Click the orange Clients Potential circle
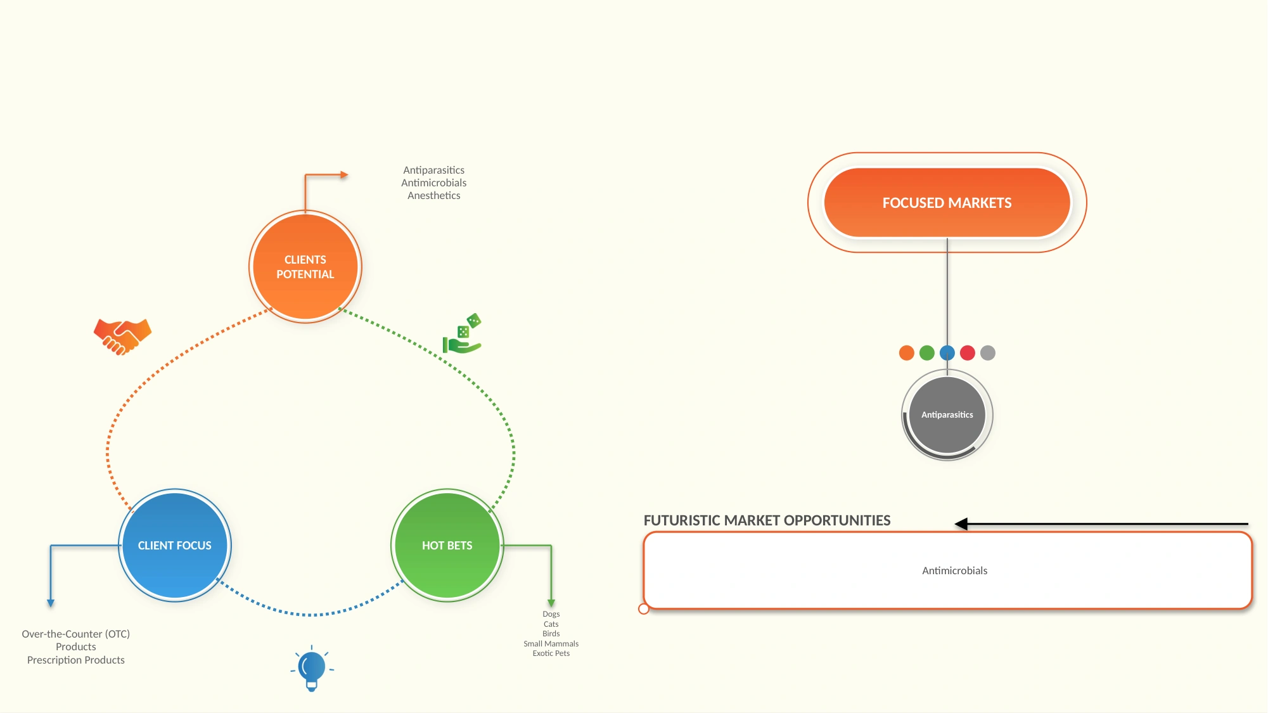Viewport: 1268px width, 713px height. tap(305, 267)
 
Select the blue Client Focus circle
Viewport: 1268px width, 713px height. tap(175, 545)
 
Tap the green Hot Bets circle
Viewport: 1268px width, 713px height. tap(447, 545)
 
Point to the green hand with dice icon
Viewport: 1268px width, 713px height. tap(462, 334)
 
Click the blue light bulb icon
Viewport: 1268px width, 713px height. tap(312, 668)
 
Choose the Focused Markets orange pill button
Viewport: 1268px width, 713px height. tap(947, 203)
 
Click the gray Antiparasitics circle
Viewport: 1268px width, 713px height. tap(947, 415)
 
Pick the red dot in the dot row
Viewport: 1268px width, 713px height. tap(968, 353)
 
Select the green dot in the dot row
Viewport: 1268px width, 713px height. tap(927, 353)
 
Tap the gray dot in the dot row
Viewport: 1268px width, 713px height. tap(988, 353)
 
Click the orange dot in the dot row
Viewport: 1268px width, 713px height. tap(907, 353)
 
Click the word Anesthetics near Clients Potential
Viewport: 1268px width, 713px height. tap(434, 196)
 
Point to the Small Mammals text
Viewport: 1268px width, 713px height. tap(551, 644)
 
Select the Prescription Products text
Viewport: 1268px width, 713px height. tap(76, 660)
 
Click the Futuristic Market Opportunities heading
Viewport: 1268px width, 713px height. tap(767, 520)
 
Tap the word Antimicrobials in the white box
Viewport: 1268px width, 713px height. tap(955, 571)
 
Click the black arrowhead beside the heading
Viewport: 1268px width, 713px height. tap(961, 524)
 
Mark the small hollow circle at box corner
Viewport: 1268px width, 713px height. tap(644, 609)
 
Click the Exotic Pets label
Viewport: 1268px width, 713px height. tap(551, 653)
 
